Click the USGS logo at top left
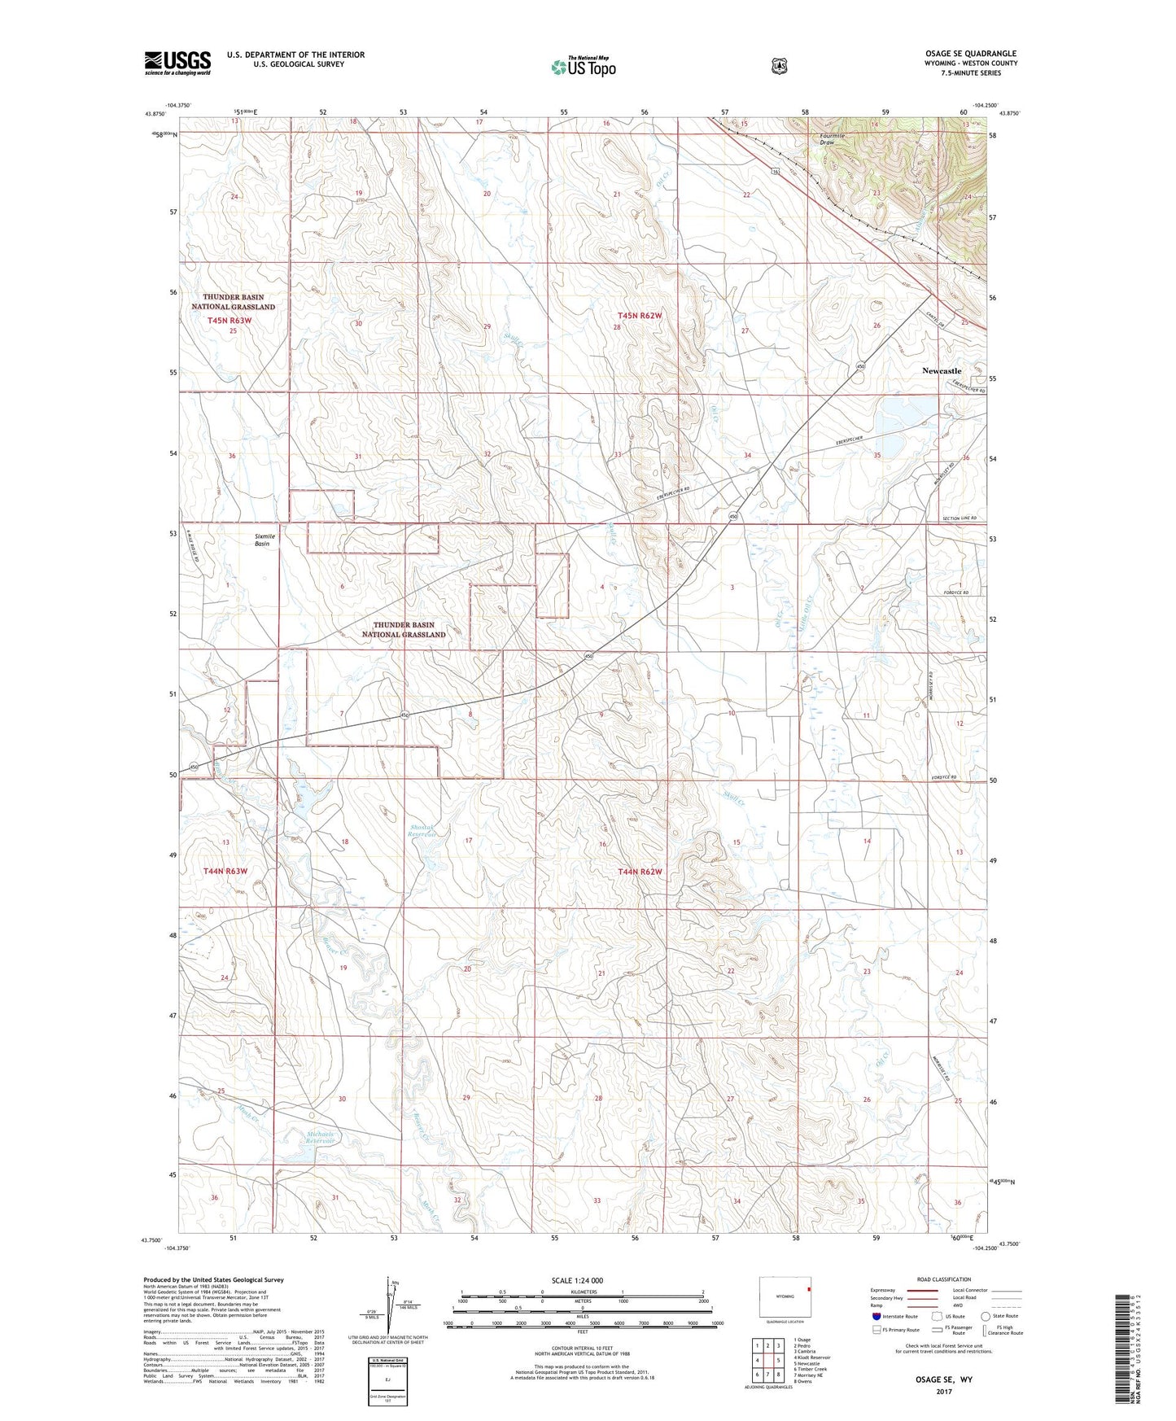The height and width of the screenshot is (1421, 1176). coord(177,63)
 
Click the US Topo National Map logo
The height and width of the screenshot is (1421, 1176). coord(581,67)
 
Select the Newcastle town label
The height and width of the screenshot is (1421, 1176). coord(941,371)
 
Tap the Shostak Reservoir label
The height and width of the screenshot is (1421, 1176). coord(422,831)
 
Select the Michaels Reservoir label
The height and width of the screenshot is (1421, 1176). coord(321,1139)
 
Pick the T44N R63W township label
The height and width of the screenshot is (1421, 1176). coord(225,871)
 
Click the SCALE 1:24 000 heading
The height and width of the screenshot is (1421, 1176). coord(577,1280)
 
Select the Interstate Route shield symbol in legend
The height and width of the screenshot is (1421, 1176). coord(876,1316)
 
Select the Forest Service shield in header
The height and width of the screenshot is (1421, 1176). coord(779,65)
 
